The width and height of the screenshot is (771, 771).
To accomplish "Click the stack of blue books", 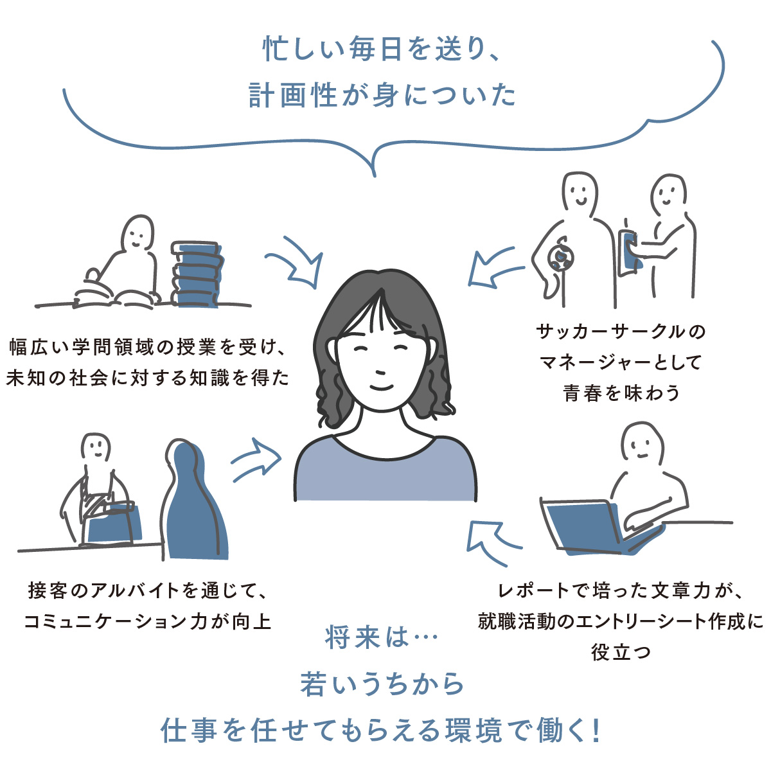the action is pos(197,274).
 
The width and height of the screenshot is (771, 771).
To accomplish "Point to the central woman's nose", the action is pos(380,372).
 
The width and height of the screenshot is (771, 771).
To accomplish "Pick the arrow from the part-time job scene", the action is pos(256,460).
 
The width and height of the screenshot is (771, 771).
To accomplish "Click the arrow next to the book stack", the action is pos(298,261).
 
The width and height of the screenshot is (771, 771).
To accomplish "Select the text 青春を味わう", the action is pos(621,393).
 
